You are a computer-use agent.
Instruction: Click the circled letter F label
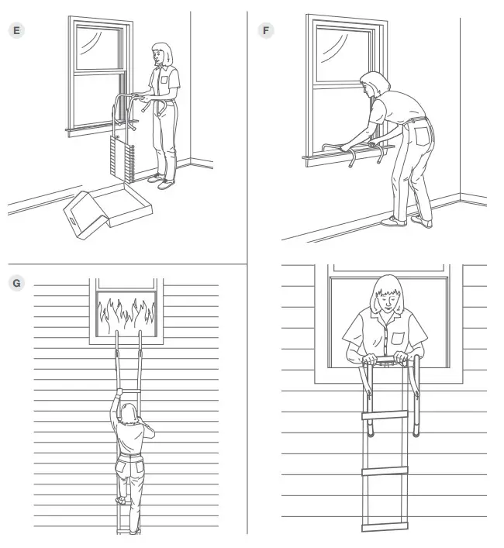coord(267,30)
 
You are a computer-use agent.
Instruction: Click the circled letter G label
coord(16,283)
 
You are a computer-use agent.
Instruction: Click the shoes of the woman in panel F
coord(406,222)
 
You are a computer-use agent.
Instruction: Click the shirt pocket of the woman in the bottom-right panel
coord(398,337)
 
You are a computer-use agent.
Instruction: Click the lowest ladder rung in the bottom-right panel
coord(385,526)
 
